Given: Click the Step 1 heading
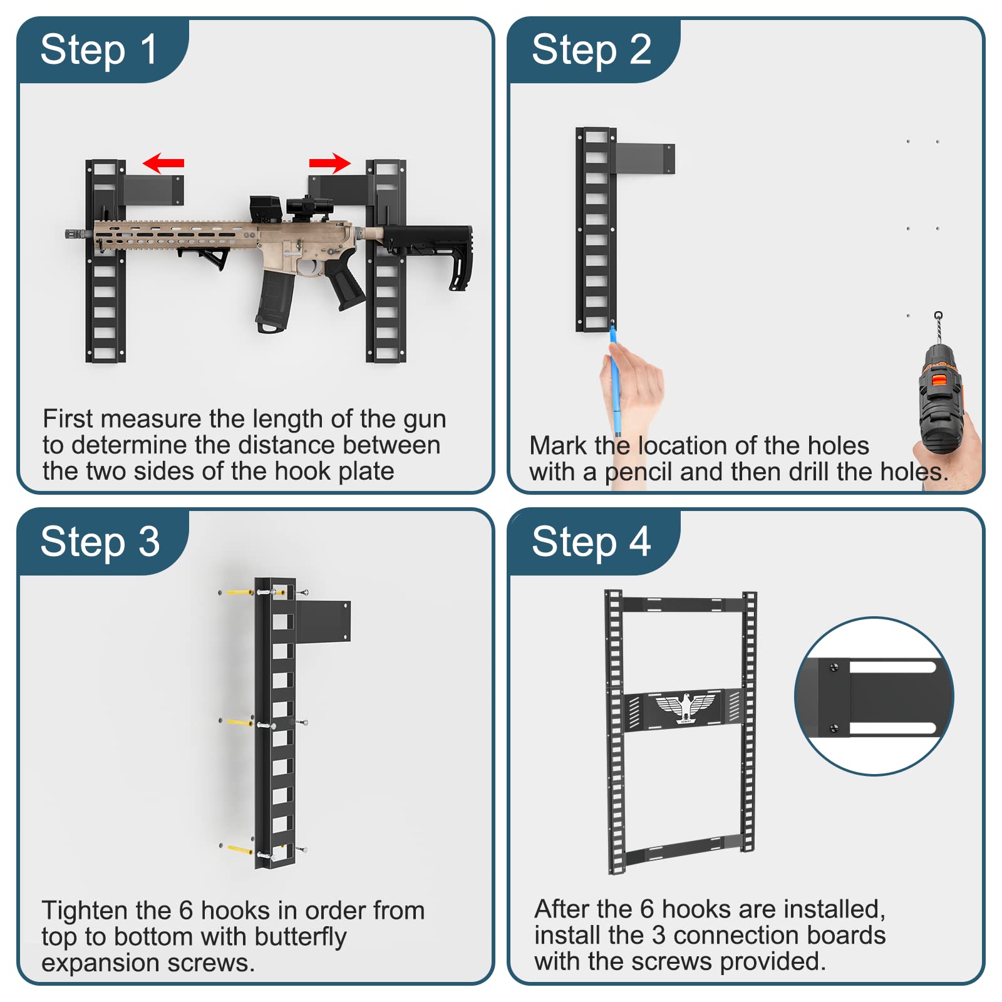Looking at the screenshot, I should pyautogui.click(x=99, y=50).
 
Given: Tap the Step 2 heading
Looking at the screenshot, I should pyautogui.click(x=591, y=50).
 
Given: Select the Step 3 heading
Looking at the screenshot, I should pyautogui.click(x=100, y=542).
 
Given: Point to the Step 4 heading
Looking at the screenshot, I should pyautogui.click(x=591, y=542).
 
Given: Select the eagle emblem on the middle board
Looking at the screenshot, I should pyautogui.click(x=685, y=708).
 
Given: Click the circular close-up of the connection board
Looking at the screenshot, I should pyautogui.click(x=874, y=696).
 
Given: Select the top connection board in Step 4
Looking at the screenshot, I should pyautogui.click(x=683, y=604).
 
